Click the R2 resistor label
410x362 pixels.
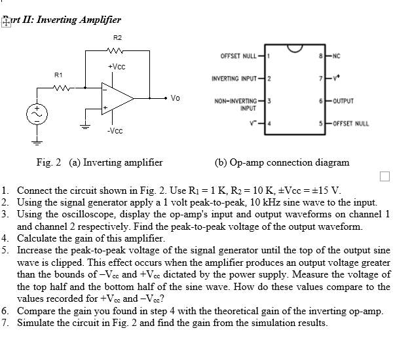click(118, 38)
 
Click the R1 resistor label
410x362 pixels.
click(59, 75)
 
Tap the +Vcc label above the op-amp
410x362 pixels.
click(117, 67)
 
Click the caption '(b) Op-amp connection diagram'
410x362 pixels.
click(282, 162)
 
